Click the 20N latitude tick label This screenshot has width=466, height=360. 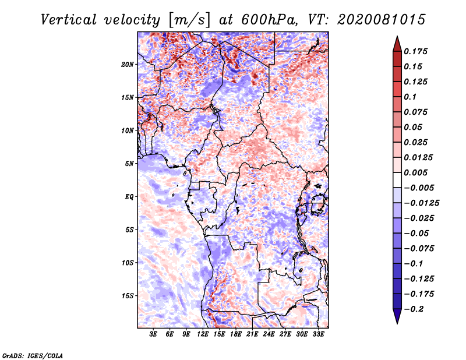click(128, 64)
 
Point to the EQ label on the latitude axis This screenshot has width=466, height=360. click(129, 196)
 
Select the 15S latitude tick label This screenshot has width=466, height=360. click(128, 295)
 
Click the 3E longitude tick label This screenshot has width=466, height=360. click(153, 335)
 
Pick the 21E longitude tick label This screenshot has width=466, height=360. click(252, 335)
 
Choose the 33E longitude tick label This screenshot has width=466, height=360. click(318, 335)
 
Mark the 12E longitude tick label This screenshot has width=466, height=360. click(203, 335)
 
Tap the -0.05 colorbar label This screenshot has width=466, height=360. click(416, 234)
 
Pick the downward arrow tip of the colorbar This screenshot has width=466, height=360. click(397, 322)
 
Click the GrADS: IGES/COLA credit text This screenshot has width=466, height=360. click(33, 355)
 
